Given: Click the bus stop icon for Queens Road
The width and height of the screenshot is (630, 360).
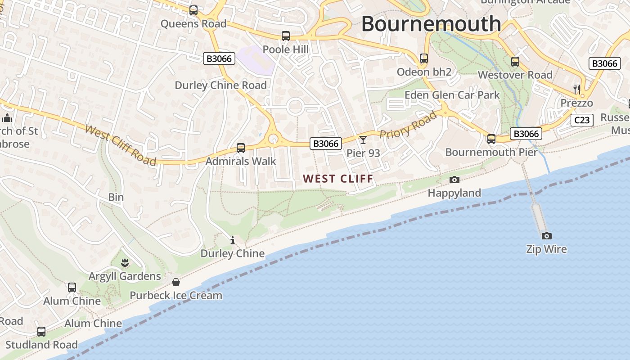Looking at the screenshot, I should coord(193,10).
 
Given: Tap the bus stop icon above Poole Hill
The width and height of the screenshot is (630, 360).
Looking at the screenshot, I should coord(285,36).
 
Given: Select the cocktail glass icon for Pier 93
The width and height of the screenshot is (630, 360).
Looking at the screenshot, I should coord(363,139).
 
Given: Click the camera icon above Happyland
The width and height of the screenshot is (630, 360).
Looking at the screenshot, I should coord(454,180).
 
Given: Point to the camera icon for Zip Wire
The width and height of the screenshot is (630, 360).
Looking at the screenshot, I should coord(546,236).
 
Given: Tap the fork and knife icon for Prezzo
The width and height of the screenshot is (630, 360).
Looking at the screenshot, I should coord(577,89).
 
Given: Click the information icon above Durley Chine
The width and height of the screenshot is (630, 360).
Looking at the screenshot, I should coord(233,240).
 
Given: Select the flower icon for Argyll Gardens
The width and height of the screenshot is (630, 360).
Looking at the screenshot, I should coord(125,262).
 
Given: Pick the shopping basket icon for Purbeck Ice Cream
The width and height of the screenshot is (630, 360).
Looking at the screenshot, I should coord(176,282).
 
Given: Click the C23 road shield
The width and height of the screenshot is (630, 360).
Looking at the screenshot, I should coord(582,120).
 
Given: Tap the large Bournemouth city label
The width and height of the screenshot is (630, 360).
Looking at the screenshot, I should coord(431,23).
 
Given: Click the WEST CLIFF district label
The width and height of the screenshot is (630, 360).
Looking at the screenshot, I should coord(338,179).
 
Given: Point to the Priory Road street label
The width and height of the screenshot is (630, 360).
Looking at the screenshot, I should coord(409,125).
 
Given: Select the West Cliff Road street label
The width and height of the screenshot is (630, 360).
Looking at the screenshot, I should coord(121,145).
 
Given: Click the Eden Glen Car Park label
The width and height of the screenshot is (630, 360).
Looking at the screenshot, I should coord(452,95).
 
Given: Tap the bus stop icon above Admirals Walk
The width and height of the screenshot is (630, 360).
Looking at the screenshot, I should coord(241,148).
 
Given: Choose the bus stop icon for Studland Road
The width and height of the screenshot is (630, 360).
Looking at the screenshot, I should coord(41,332).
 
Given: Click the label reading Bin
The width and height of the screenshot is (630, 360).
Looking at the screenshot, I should coord(116,197).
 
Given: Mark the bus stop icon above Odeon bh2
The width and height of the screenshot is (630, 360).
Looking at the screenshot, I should coord(424,58).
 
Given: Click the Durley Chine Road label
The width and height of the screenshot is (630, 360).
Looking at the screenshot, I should coord(220,85).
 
